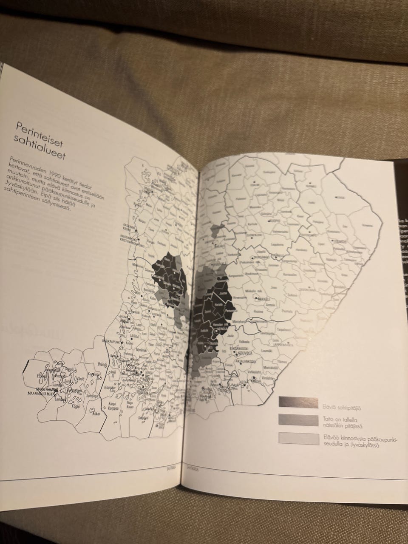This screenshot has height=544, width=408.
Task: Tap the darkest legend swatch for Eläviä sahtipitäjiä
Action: point(298,402)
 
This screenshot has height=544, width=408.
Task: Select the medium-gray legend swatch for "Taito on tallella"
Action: point(298,419)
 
